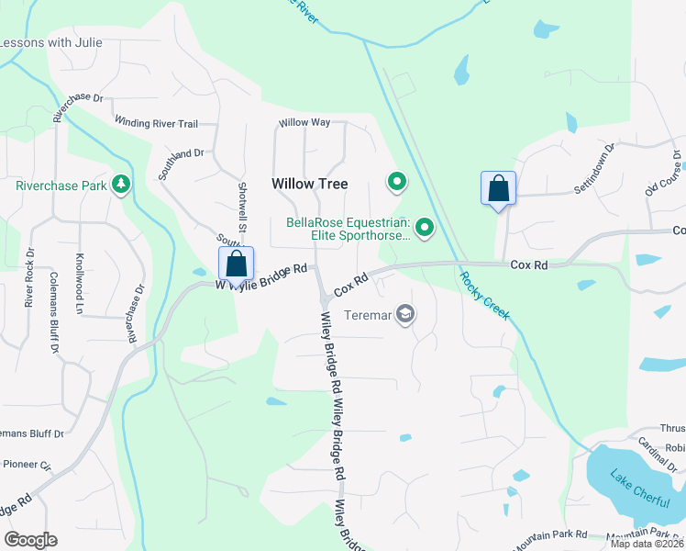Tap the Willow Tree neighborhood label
[310, 184]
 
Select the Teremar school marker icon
[405, 315]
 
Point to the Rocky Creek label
[484, 296]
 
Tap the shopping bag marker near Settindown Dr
[498, 189]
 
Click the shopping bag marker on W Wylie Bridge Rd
[236, 264]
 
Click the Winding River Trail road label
[156, 123]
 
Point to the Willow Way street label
[304, 122]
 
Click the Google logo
[30, 540]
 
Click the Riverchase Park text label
[61, 185]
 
